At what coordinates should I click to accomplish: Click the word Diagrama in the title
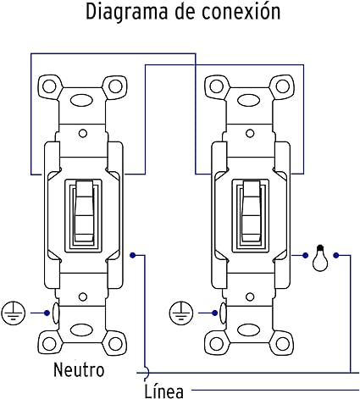[x=126, y=12]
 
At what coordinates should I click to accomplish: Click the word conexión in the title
[x=241, y=11]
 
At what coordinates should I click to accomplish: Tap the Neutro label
[x=79, y=369]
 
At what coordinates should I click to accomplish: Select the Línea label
[x=164, y=391]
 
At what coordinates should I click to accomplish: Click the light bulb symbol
[x=320, y=258]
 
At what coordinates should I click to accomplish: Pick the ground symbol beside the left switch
[x=14, y=313]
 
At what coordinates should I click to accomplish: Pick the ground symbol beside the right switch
[x=181, y=313]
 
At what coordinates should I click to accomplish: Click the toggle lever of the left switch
[x=84, y=211]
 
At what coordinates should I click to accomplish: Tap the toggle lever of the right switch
[x=251, y=211]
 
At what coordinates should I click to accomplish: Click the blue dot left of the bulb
[x=305, y=256]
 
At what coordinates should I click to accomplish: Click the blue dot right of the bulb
[x=335, y=256]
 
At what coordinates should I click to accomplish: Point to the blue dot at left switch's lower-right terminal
[x=133, y=255]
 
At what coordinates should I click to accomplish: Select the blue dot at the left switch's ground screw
[x=47, y=313]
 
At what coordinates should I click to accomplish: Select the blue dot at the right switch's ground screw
[x=214, y=313]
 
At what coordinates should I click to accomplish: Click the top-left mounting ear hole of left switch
[x=50, y=86]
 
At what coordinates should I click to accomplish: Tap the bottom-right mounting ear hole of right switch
[x=282, y=344]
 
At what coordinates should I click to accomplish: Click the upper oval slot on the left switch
[x=81, y=100]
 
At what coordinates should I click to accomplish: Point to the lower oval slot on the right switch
[x=249, y=330]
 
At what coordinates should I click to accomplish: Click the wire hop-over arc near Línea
[x=147, y=373]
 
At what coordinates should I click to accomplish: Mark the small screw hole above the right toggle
[x=250, y=133]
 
